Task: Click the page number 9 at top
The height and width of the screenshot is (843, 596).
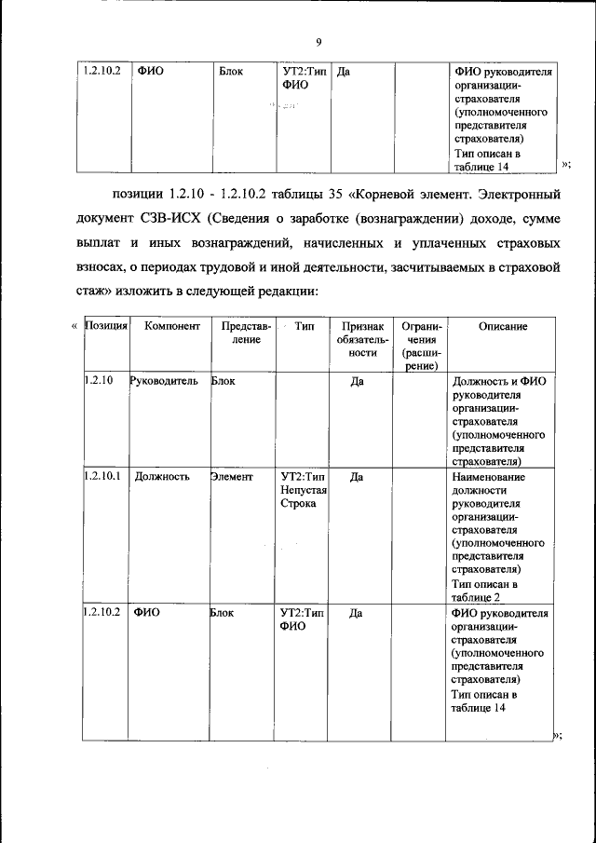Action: point(318,42)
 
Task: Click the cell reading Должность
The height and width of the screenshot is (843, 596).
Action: point(162,476)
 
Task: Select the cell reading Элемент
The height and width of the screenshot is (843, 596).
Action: point(233,476)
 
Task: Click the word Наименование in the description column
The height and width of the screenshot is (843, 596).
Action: point(488,476)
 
